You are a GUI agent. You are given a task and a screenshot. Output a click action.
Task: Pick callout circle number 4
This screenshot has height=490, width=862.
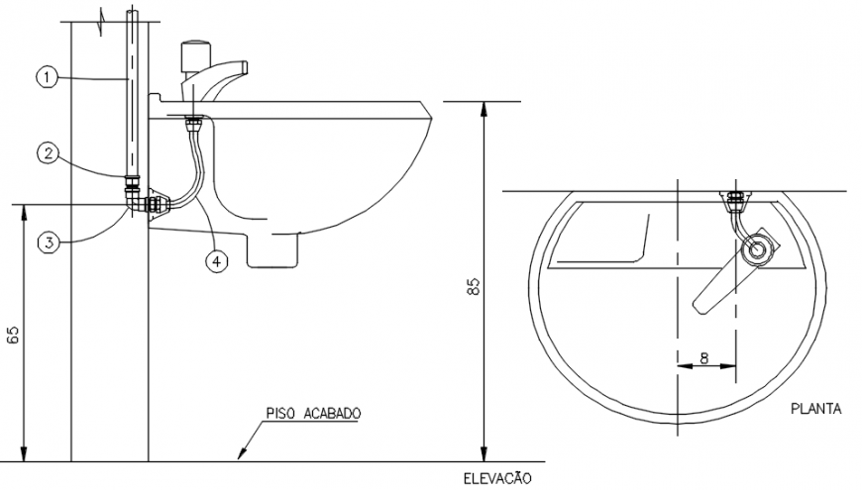pos(216,260)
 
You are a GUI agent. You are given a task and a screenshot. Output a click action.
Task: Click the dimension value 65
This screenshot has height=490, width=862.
pos(14,334)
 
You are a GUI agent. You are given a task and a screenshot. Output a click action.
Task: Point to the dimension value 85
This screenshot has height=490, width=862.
pos(474,287)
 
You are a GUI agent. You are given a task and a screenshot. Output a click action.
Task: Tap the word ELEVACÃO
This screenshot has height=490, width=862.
pos(496,478)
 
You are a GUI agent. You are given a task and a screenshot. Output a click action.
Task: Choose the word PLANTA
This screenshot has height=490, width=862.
pos(816,407)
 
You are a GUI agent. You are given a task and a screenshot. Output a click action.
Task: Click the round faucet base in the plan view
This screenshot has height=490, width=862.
pos(759,248)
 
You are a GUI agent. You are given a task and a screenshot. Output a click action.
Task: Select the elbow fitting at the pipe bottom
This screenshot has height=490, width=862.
pos(134,201)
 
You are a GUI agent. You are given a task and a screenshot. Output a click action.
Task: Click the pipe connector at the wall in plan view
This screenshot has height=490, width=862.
pos(734,199)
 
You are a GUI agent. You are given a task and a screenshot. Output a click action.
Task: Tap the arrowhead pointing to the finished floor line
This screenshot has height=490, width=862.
pos(241,455)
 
